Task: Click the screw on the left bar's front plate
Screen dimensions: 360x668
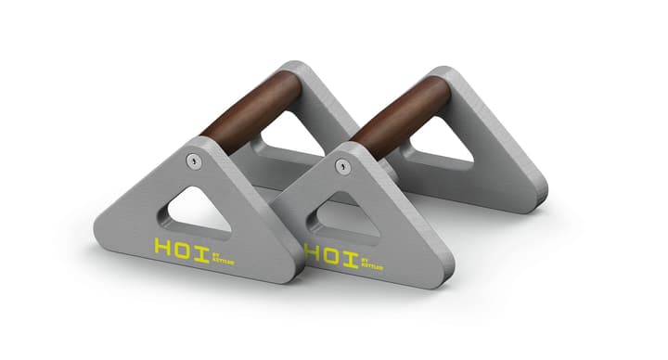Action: pyautogui.click(x=192, y=161)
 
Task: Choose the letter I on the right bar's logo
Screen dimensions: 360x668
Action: pyautogui.click(x=357, y=255)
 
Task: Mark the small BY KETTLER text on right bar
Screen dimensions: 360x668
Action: pyautogui.click(x=381, y=256)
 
